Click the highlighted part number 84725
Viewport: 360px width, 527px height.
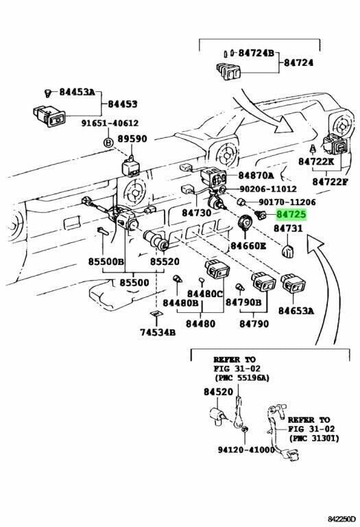[x=291, y=215]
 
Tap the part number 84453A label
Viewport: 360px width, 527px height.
[x=76, y=92]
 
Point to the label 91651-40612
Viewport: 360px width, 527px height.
[x=109, y=124]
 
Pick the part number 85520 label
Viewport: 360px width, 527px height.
[x=165, y=261]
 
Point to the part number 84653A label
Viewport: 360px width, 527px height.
[x=296, y=310]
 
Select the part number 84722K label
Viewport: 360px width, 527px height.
[x=315, y=161]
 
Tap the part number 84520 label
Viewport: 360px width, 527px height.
[x=218, y=392]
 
